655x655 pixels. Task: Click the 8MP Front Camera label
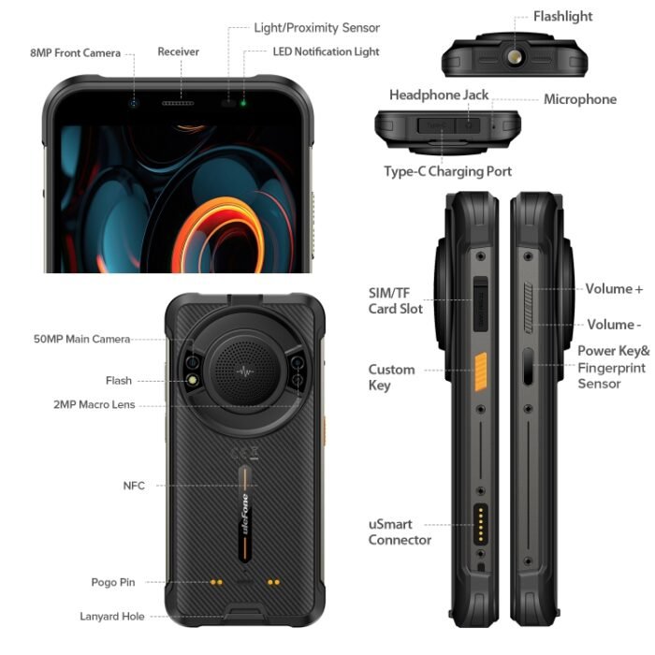pyautogui.click(x=75, y=53)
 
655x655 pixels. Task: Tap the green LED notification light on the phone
pyautogui.click(x=243, y=102)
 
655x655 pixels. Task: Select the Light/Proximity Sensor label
pyautogui.click(x=317, y=28)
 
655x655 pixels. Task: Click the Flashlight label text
pyautogui.click(x=562, y=17)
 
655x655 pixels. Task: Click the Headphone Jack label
pyautogui.click(x=439, y=95)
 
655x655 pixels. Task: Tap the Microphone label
pyautogui.click(x=580, y=99)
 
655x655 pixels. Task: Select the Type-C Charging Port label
pyautogui.click(x=447, y=171)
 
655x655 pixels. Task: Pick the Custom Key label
pyautogui.click(x=391, y=377)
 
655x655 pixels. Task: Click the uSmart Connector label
pyautogui.click(x=400, y=532)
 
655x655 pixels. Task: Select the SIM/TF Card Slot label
pyautogui.click(x=395, y=300)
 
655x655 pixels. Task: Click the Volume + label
pyautogui.click(x=614, y=289)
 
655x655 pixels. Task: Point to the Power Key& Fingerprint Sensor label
pyautogui.click(x=613, y=367)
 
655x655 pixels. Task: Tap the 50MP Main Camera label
pyautogui.click(x=81, y=339)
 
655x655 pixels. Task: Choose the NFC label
pyautogui.click(x=134, y=485)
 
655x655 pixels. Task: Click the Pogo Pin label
pyautogui.click(x=113, y=582)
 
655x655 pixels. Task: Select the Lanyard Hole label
pyautogui.click(x=110, y=617)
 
